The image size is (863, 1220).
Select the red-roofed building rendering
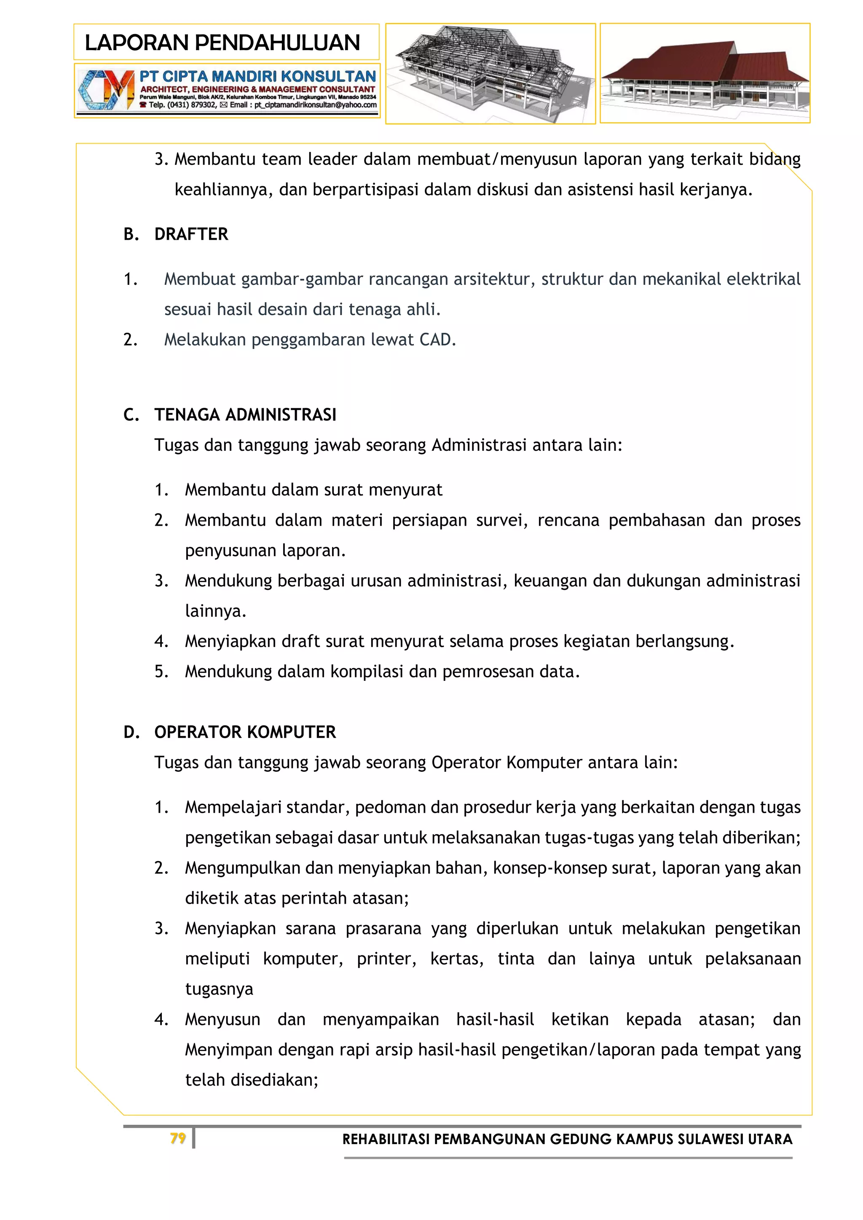(705, 73)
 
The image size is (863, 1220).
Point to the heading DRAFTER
(191, 234)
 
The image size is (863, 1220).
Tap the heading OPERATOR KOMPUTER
(245, 732)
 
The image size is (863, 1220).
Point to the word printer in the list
(386, 958)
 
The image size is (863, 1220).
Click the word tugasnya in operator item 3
(219, 989)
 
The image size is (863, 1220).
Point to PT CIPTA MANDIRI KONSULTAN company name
(258, 77)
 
